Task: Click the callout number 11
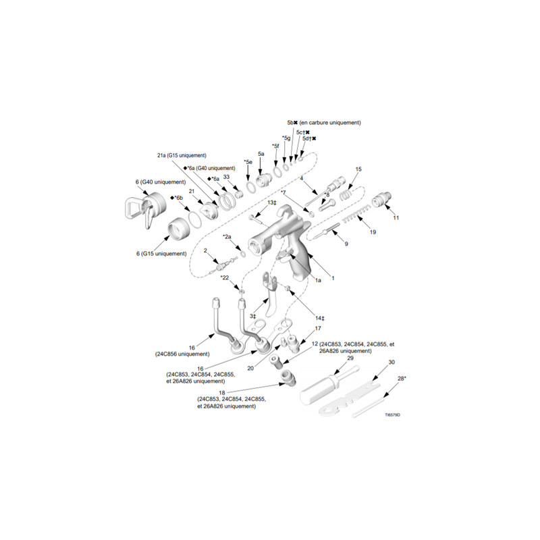tap(396, 217)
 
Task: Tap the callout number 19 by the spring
tap(373, 232)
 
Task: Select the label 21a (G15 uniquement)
tap(182, 155)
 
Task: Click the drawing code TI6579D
tap(393, 415)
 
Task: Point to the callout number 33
tap(226, 177)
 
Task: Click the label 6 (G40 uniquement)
tap(161, 182)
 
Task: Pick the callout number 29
tap(350, 358)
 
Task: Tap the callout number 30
tap(391, 362)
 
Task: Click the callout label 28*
tap(402, 379)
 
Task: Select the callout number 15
tap(358, 169)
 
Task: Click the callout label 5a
tap(261, 154)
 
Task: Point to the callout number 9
tap(346, 244)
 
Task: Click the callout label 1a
tap(318, 280)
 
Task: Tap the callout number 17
tap(318, 328)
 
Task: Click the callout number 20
tap(250, 369)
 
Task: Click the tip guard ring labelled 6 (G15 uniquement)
tap(178, 227)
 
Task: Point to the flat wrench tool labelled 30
tap(350, 396)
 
